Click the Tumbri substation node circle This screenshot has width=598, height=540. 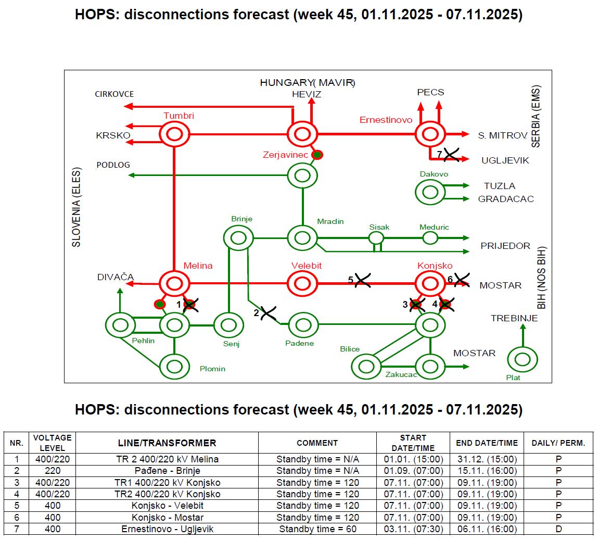point(174,134)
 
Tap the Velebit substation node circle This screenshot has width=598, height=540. point(302,284)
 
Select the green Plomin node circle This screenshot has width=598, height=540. point(174,367)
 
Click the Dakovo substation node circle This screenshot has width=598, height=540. point(430,192)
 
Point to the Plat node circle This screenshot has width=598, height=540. point(522,359)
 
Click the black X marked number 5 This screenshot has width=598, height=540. point(362,281)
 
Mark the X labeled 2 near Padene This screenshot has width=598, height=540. point(269,313)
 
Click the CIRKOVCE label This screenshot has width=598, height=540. point(114,94)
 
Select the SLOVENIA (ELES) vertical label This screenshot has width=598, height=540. point(77,207)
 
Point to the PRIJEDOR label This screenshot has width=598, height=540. point(505,246)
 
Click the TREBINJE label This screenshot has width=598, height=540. point(514,318)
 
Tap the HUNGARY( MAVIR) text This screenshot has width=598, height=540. point(307,83)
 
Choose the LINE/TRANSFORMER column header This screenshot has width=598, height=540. point(167,443)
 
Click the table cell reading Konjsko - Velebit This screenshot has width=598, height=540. point(167,506)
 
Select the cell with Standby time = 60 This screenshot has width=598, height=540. point(317,529)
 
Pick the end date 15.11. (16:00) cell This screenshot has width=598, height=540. point(486,471)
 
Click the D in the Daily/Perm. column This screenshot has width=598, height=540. point(558,529)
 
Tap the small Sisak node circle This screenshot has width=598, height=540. point(376,238)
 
